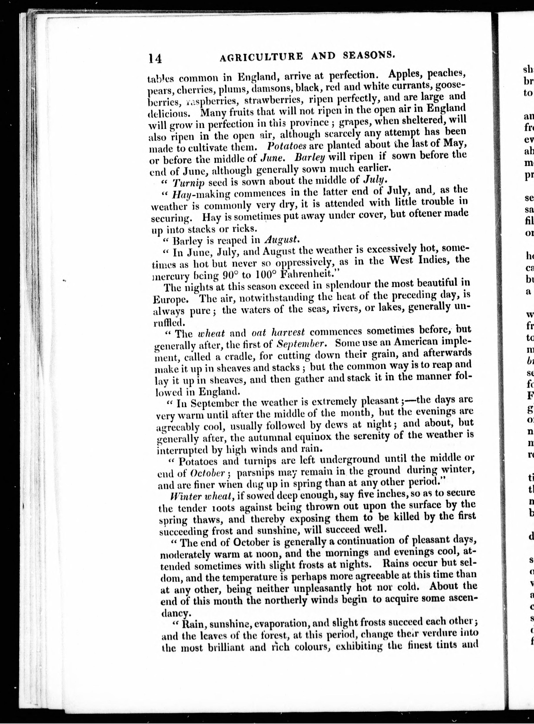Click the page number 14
[x=155, y=58]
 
